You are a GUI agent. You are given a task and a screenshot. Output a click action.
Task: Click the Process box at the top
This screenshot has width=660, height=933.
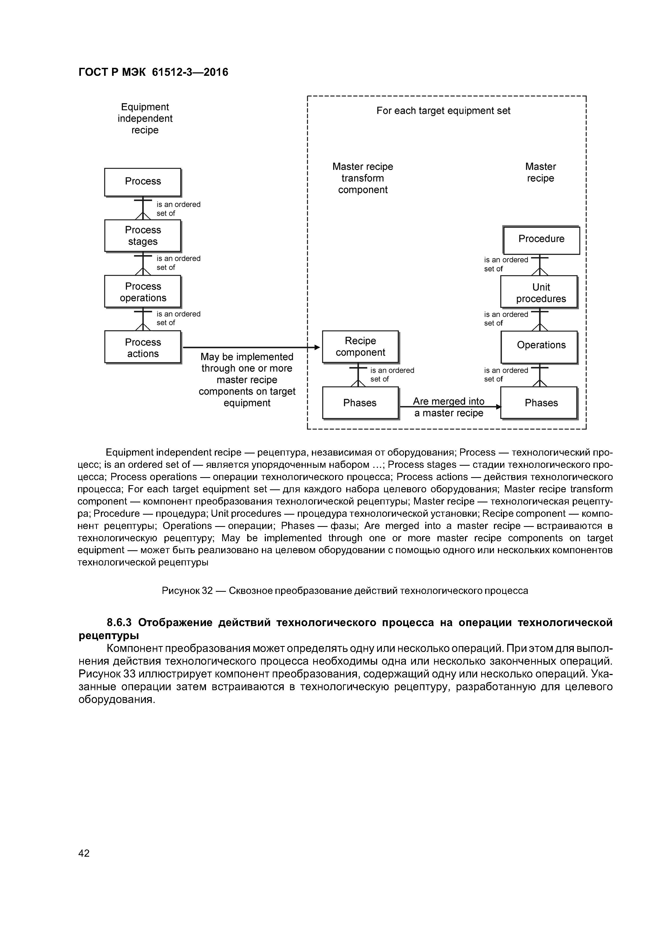tap(143, 182)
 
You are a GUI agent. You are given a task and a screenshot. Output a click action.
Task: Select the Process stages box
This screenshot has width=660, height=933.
tap(143, 236)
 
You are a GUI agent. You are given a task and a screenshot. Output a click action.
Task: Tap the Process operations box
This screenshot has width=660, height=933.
tap(143, 292)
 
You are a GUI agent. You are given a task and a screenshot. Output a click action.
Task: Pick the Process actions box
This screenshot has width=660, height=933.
tap(143, 347)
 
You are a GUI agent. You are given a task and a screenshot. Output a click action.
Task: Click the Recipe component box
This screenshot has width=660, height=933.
tap(360, 347)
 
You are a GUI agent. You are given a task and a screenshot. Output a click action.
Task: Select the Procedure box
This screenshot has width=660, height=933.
tap(541, 240)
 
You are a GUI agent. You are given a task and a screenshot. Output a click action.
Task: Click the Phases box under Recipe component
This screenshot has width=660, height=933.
tap(360, 403)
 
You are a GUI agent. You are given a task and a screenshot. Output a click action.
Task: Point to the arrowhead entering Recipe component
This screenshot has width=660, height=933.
tap(317, 347)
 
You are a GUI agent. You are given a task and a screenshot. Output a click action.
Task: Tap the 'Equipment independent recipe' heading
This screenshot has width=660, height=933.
tap(145, 119)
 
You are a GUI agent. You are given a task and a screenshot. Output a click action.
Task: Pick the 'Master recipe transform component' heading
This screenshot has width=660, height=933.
tap(363, 178)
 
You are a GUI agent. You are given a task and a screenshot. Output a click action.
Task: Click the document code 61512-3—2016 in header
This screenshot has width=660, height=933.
tap(190, 72)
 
